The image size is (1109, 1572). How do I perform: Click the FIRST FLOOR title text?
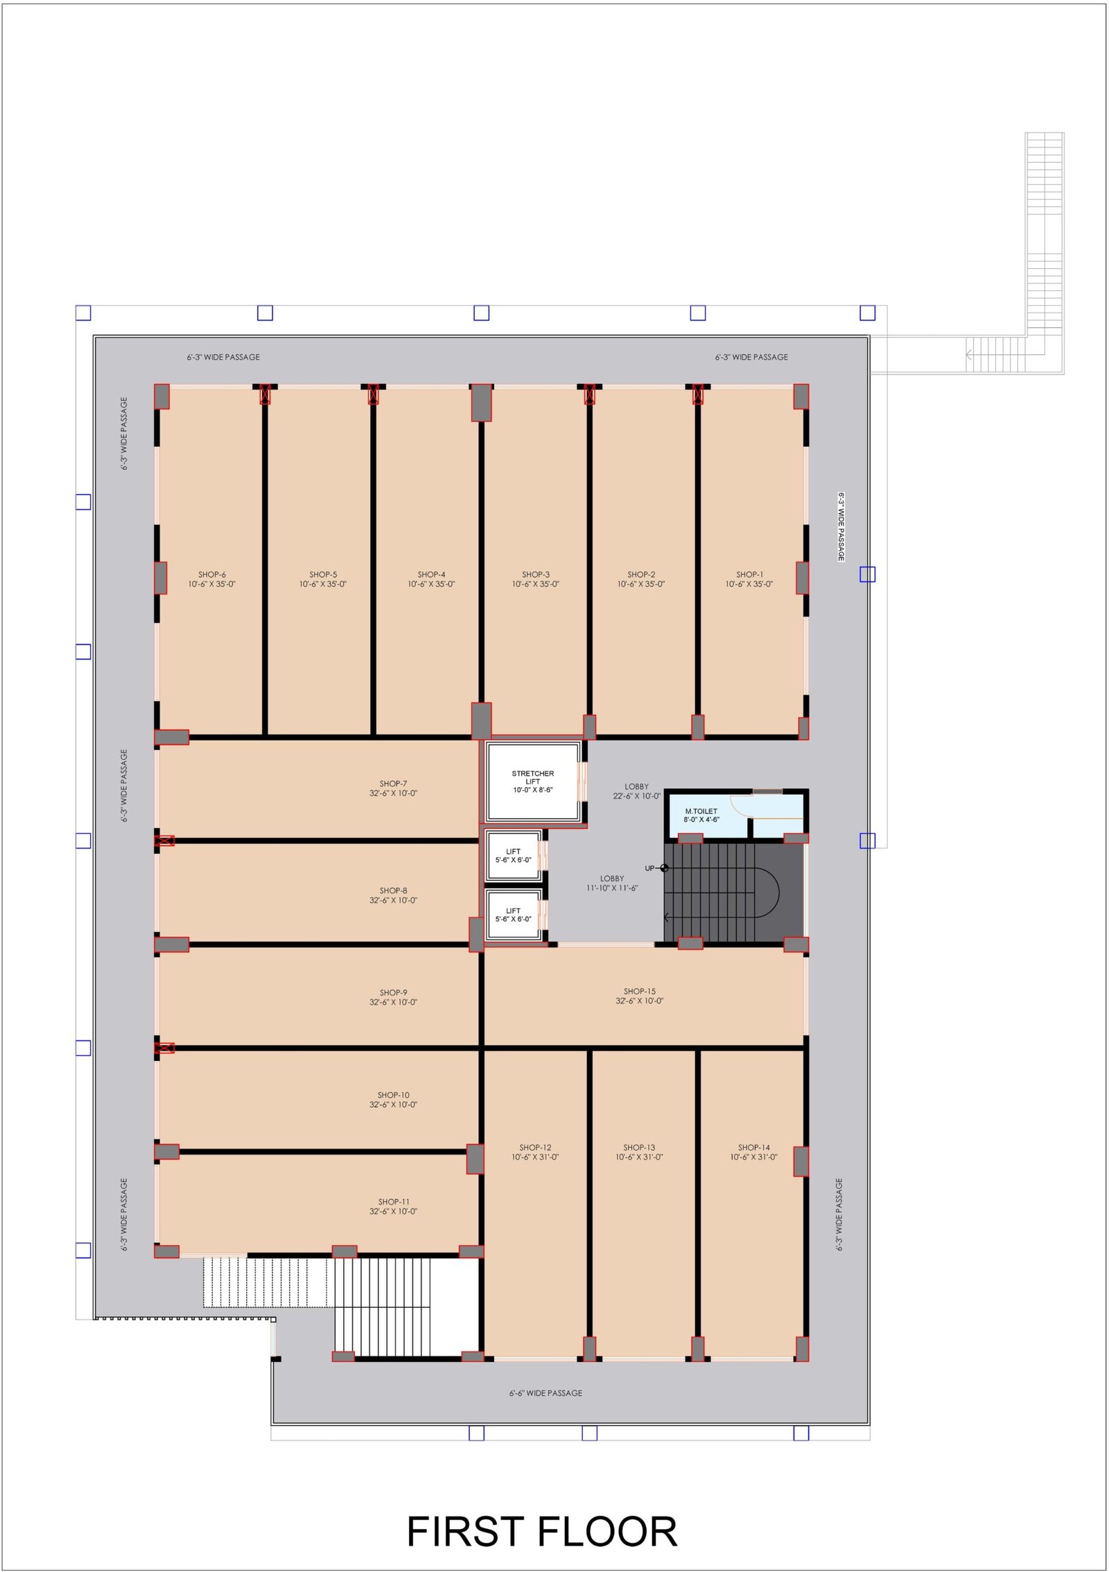pyautogui.click(x=541, y=1531)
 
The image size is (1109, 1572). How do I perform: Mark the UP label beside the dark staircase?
pyautogui.click(x=649, y=868)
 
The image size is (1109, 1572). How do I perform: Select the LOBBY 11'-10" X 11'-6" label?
pyautogui.click(x=612, y=883)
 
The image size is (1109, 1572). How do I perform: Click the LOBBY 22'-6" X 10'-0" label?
pyautogui.click(x=637, y=792)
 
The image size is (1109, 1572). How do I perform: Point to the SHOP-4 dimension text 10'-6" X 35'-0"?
pyautogui.click(x=431, y=584)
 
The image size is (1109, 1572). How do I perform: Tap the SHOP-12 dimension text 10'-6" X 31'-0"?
pyautogui.click(x=535, y=1158)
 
